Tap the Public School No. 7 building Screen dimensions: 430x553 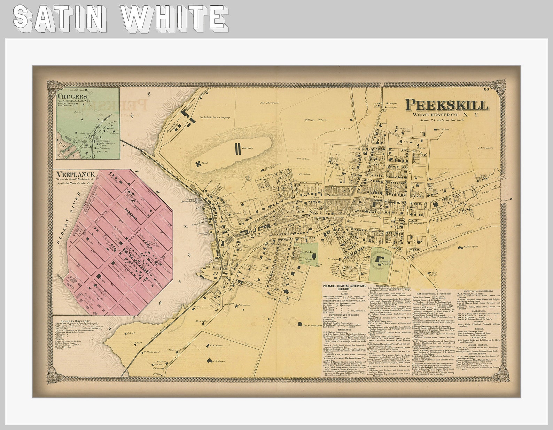(314, 257)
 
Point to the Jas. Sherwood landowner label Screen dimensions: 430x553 (270, 103)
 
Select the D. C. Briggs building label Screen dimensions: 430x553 (444, 129)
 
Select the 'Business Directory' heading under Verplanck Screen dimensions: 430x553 (75, 321)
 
